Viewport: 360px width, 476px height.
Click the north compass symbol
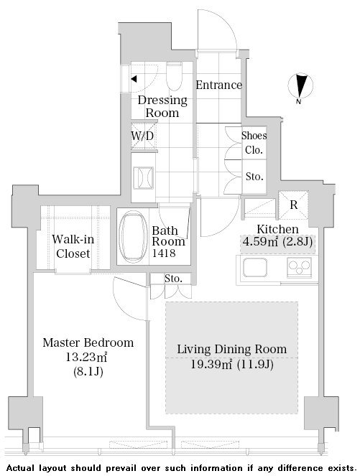(x=300, y=86)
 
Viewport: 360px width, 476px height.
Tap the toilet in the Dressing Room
(x=175, y=77)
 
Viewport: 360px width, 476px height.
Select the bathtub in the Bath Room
(x=133, y=236)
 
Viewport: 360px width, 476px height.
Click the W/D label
(x=142, y=136)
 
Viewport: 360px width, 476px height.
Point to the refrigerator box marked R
(x=293, y=205)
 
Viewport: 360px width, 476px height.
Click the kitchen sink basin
(x=255, y=268)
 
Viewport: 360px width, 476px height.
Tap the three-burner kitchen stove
(x=299, y=267)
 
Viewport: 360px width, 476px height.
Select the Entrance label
(x=218, y=85)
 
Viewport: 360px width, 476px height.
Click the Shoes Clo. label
(x=254, y=142)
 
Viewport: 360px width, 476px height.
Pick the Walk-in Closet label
(x=73, y=246)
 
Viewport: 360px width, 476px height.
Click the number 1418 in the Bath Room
(x=163, y=253)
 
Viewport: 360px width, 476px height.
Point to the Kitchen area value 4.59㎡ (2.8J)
(x=277, y=242)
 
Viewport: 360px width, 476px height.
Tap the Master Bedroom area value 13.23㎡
(x=86, y=357)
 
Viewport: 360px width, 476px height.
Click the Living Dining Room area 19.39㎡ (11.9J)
(x=232, y=364)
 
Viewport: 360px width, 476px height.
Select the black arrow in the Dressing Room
(x=134, y=79)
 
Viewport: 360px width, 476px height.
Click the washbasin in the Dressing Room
(x=143, y=177)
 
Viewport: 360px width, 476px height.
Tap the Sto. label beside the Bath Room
(x=173, y=279)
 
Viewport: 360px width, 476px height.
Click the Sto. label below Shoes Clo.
(x=254, y=177)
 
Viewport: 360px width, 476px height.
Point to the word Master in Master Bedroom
(x=60, y=342)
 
